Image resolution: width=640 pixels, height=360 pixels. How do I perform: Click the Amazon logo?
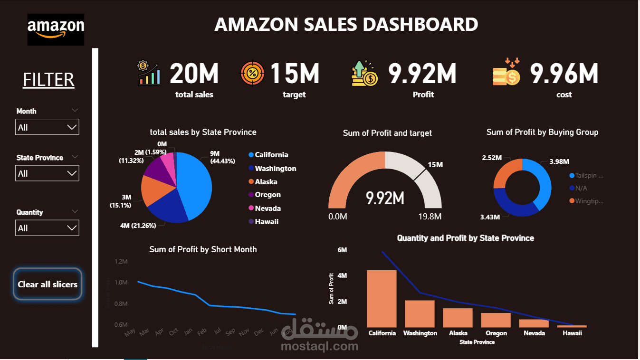[x=56, y=29]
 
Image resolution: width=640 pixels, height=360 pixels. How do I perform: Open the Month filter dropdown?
[x=47, y=127]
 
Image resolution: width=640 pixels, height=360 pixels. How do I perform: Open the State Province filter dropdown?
[x=47, y=173]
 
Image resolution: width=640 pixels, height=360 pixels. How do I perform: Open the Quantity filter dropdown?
[x=47, y=228]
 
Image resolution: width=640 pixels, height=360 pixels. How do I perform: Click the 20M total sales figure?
[x=194, y=74]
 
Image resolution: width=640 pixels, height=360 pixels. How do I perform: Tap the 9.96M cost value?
[x=564, y=74]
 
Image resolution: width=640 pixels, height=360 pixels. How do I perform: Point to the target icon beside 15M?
[x=253, y=74]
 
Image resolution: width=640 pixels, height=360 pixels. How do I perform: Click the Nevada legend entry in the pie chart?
[x=267, y=208]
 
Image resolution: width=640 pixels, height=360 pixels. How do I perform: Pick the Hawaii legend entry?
[x=267, y=221]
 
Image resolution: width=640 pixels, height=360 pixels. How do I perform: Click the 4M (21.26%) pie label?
[x=138, y=226]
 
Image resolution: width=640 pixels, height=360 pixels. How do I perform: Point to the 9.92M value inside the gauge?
[x=385, y=198]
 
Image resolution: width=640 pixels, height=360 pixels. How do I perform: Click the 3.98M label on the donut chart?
[x=559, y=161]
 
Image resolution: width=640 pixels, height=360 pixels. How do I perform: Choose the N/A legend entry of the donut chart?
[x=581, y=188]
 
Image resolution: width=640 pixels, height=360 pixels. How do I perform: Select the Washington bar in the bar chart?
[x=420, y=313]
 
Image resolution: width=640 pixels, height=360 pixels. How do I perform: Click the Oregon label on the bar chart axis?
[x=496, y=333]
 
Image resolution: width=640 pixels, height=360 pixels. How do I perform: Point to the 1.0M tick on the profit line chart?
[x=121, y=283]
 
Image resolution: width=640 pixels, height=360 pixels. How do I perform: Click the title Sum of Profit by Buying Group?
[x=542, y=132]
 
